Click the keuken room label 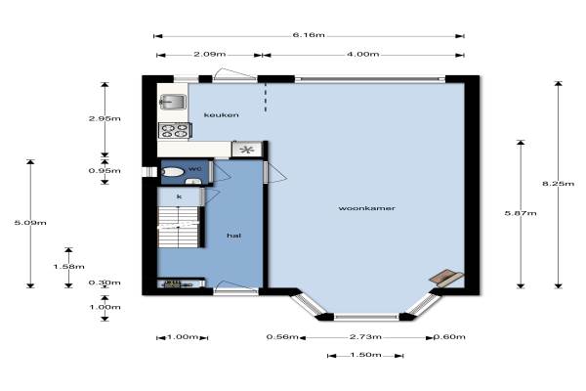coord(222,115)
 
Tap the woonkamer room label coord(366,208)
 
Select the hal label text coord(234,236)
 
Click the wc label coord(194,169)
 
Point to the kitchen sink coord(173,102)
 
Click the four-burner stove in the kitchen coord(175,130)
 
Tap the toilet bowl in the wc coord(173,172)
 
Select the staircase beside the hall coord(179,227)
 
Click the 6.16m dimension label coord(309,35)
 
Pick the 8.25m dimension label coord(558,184)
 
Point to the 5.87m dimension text coord(521,213)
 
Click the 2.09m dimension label coord(210,54)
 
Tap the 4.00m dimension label coord(363,54)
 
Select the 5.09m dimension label coord(30,223)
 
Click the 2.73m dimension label coord(365,336)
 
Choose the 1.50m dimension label coord(365,354)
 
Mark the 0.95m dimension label coord(105,171)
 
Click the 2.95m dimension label coord(105,118)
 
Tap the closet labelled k coord(180,196)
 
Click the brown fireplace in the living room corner coord(446,278)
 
